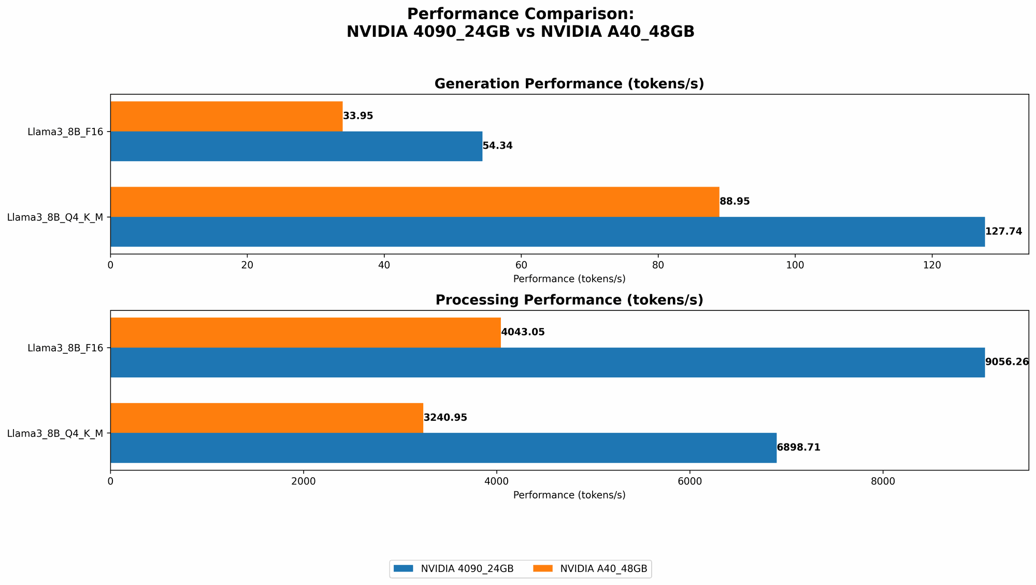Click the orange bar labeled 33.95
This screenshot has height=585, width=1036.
(226, 116)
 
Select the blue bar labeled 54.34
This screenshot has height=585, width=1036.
(296, 146)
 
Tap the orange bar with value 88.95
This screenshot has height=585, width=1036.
(414, 202)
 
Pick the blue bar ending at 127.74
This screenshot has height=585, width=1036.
(547, 232)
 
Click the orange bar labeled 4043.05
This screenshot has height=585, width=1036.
(306, 332)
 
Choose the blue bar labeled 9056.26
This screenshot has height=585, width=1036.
(547, 362)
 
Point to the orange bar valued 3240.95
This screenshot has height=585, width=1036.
(267, 418)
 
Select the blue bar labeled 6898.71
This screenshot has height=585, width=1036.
(443, 448)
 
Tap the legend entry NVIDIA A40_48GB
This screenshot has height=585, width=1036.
(603, 569)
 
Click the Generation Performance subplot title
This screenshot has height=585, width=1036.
(569, 84)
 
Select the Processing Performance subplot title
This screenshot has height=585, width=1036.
(569, 300)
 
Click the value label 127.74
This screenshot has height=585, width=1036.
(1003, 232)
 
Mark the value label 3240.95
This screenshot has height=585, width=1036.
(445, 418)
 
